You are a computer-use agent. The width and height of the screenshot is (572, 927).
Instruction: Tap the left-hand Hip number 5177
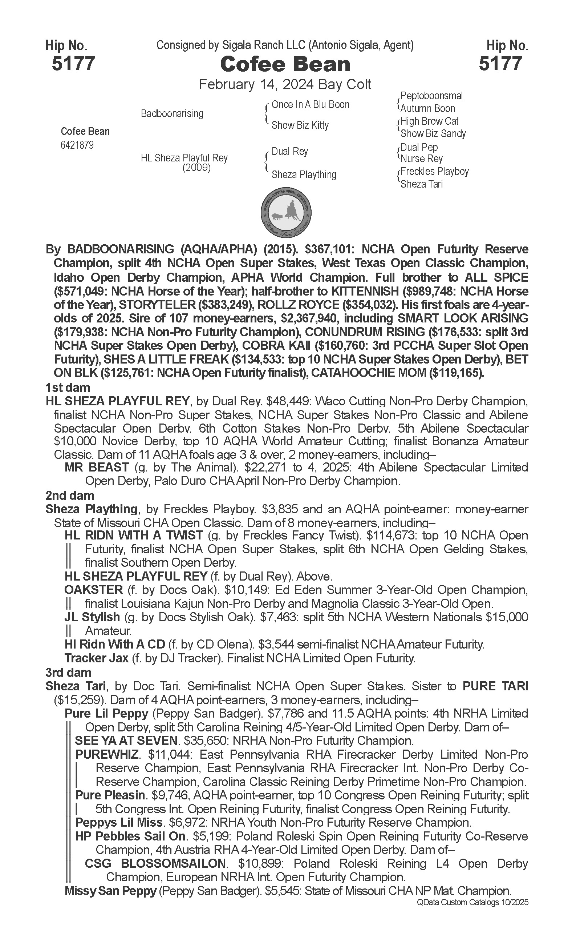[x=73, y=64]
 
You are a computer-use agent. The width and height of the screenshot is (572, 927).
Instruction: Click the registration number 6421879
[x=77, y=145]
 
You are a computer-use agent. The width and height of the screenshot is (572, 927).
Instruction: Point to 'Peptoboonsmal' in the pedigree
[x=431, y=96]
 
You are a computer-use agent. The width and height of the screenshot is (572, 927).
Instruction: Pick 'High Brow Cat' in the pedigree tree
[x=429, y=121]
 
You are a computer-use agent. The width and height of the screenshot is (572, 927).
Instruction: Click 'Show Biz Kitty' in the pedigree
[x=300, y=125]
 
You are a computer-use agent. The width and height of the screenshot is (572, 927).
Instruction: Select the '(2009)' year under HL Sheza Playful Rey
[x=196, y=167]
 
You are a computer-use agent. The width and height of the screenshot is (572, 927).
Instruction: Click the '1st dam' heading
[x=68, y=388]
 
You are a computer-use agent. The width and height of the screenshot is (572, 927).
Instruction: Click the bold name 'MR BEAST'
[x=97, y=467]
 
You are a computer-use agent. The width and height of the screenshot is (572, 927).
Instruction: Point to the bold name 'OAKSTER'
[x=94, y=590]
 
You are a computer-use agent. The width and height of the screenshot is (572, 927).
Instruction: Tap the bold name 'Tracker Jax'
[x=97, y=658]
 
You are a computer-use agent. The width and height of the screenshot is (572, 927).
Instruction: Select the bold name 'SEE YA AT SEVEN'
[x=126, y=741]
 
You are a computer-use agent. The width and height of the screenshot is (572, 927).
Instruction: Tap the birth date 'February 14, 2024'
[x=256, y=84]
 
